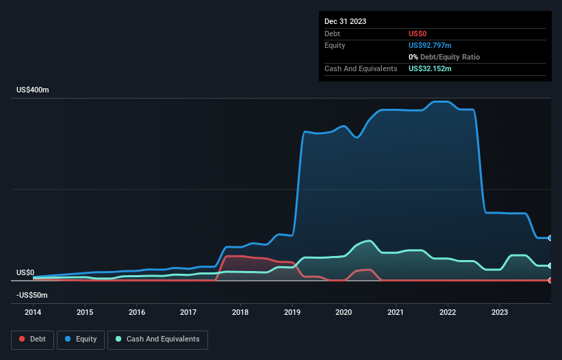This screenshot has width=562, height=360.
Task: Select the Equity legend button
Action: [81, 339]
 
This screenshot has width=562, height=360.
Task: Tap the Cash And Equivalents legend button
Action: [157, 339]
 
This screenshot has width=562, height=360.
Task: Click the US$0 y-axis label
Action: [25, 272]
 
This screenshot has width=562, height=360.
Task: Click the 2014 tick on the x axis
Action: [33, 312]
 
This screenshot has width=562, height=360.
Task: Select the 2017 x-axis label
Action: [188, 312]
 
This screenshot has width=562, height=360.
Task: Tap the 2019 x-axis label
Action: [292, 312]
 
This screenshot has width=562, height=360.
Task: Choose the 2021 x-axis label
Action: [396, 312]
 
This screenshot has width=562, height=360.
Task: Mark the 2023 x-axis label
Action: [500, 312]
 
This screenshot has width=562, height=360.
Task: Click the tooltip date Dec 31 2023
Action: [346, 21]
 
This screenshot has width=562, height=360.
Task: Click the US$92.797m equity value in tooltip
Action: [431, 45]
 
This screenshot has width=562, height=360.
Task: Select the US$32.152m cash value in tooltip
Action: [430, 68]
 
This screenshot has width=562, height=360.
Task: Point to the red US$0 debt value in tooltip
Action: [418, 34]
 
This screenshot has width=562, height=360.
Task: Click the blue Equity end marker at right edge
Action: [550, 238]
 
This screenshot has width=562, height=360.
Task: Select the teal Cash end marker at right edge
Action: [550, 266]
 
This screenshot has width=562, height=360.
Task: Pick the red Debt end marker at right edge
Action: [550, 280]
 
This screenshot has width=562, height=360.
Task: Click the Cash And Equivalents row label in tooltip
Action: [361, 68]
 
